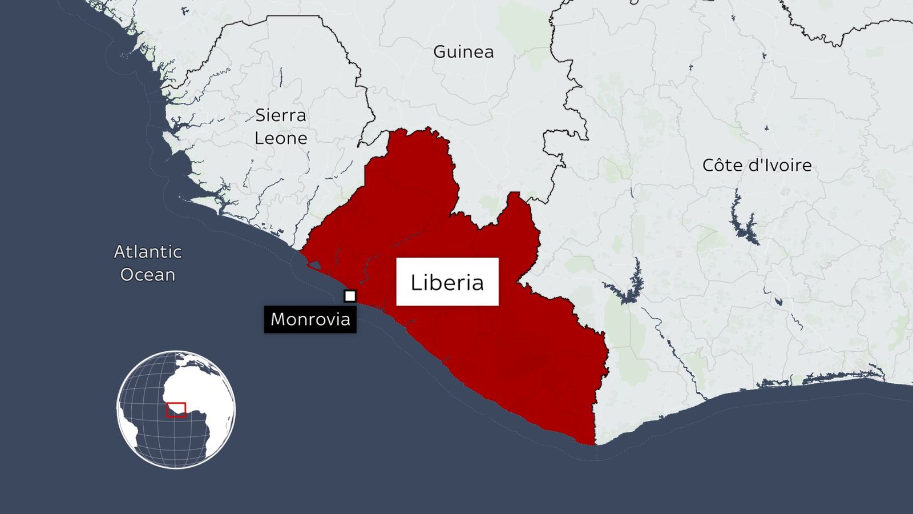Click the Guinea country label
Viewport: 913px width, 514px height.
pos(463,52)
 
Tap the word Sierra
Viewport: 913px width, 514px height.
pos(280,115)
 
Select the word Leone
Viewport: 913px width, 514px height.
pos(281,138)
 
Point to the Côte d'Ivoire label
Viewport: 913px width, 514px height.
pos(757,166)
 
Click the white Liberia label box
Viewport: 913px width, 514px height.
pos(447,282)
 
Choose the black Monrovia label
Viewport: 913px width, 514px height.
pos(310,319)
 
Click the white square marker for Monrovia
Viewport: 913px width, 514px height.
pos(350,296)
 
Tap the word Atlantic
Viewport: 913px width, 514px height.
pos(148,252)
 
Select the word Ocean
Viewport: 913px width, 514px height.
pos(148,275)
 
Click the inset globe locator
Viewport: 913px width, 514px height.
pos(176,409)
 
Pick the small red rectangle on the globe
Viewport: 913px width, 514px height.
pos(176,410)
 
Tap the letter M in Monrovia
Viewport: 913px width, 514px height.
pos(278,319)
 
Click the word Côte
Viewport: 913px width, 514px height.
pos(720,166)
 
